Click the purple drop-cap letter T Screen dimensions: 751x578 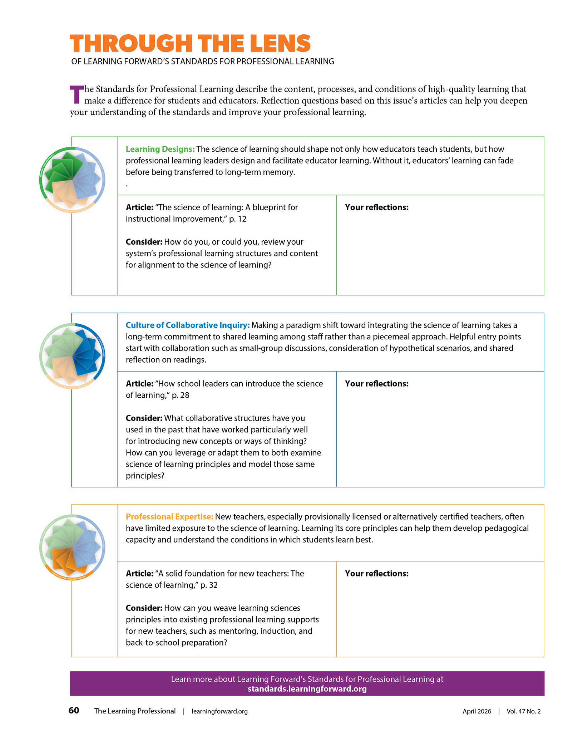pyautogui.click(x=76, y=95)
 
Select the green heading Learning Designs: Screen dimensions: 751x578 pyautogui.click(x=160, y=149)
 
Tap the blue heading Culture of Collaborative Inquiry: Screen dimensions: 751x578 pyautogui.click(x=188, y=325)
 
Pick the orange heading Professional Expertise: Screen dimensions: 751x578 pyautogui.click(x=169, y=517)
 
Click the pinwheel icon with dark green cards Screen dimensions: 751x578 pyautogui.click(x=72, y=180)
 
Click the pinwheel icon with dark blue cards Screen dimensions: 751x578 pyautogui.click(x=72, y=356)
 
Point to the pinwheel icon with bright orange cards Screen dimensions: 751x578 pyautogui.click(x=72, y=547)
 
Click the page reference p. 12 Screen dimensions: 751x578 pyautogui.click(x=238, y=219)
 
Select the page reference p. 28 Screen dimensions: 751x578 pyautogui.click(x=181, y=395)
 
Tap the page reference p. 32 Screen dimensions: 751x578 pyautogui.click(x=209, y=585)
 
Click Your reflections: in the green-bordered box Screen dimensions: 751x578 pyautogui.click(x=376, y=207)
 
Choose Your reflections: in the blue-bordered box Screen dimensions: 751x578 pyautogui.click(x=376, y=384)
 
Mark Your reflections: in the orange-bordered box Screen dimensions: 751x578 pyautogui.click(x=376, y=574)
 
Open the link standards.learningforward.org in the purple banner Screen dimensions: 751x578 pyautogui.click(x=307, y=689)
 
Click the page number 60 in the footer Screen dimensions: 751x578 pyautogui.click(x=74, y=710)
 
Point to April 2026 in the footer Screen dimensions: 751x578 pyautogui.click(x=477, y=711)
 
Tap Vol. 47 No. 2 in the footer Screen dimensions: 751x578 pyautogui.click(x=523, y=711)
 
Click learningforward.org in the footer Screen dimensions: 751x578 pyautogui.click(x=219, y=711)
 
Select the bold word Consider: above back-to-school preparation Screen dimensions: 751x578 pyautogui.click(x=144, y=608)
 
